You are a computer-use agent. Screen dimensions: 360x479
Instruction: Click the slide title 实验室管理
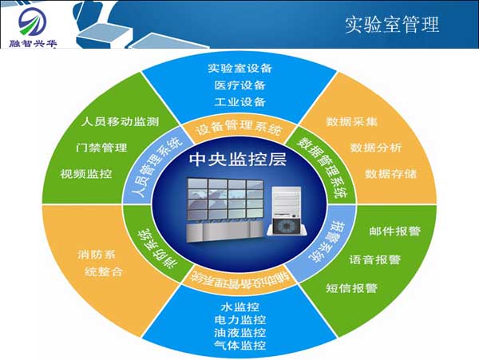click(392, 24)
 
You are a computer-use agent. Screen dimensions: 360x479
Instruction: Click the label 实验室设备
click(239, 67)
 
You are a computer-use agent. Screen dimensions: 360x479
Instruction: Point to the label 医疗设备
click(239, 85)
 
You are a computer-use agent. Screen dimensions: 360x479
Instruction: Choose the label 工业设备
click(239, 102)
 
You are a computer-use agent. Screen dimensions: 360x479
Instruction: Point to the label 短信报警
click(352, 287)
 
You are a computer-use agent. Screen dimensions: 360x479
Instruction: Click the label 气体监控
click(239, 346)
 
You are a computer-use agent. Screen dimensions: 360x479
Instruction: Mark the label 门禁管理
click(101, 148)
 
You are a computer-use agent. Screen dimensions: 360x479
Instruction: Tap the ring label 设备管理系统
click(239, 129)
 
